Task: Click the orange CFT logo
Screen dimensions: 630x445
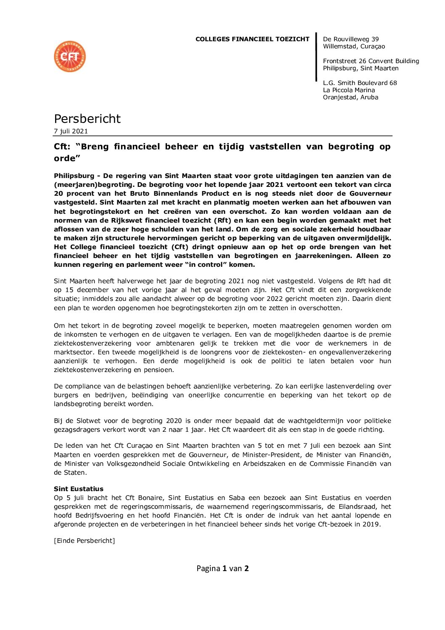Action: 70,56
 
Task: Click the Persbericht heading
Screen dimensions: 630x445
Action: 87,119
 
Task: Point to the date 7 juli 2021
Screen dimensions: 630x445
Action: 71,131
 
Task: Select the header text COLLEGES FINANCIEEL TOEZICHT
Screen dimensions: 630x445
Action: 252,39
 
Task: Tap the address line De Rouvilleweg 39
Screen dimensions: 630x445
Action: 351,39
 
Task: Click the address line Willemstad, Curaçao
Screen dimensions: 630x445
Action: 354,46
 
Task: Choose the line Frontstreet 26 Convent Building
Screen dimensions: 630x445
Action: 371,61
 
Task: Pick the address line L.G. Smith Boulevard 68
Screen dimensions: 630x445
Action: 360,83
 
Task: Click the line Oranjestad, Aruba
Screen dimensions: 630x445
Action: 350,97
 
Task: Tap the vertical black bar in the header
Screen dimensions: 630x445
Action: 316,57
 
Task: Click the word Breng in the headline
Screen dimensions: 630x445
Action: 95,147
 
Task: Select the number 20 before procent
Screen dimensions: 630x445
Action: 58,194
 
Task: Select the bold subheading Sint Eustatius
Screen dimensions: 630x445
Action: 79,489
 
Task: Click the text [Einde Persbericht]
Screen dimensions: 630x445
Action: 84,541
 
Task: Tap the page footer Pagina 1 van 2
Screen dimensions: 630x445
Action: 222,569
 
